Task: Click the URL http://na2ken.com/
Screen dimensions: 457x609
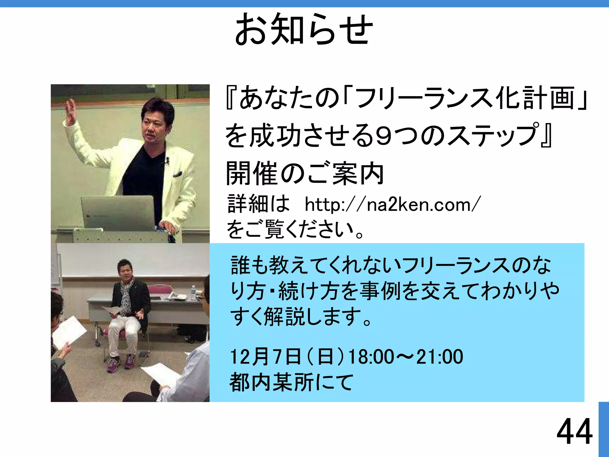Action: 392,205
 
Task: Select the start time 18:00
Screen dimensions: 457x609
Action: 371,357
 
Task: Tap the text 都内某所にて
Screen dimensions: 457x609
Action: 291,382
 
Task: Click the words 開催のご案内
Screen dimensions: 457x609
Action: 304,174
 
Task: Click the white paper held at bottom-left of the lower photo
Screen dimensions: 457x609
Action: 69,332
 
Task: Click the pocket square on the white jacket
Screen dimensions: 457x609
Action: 178,174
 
